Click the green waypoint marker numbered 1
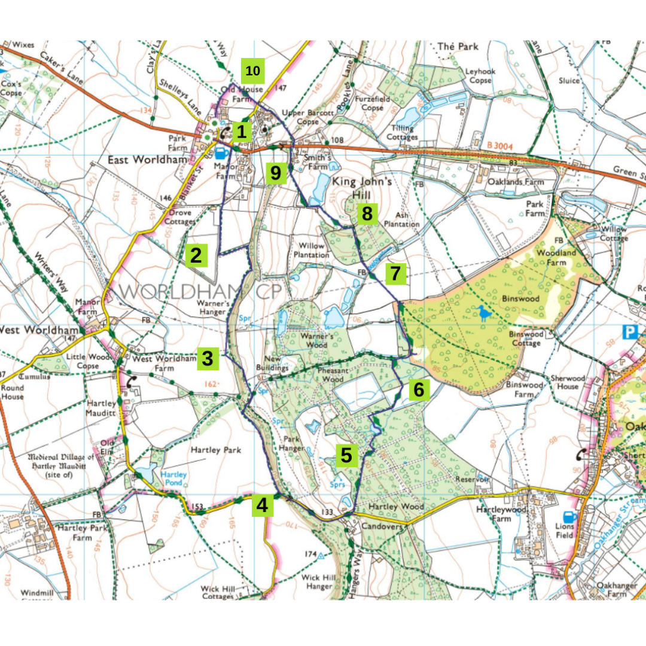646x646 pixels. coord(240,132)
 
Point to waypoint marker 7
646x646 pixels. coord(394,273)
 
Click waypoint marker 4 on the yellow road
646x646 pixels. coord(262,505)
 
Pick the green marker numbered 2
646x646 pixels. coord(196,255)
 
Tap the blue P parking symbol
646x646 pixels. coord(632,333)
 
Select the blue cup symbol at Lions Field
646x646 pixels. coord(568,516)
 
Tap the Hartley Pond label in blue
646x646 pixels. coord(174,479)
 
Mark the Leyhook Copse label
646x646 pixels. coord(480,75)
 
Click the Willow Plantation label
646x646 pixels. coord(311,250)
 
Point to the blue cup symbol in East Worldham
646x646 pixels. coord(221,153)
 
